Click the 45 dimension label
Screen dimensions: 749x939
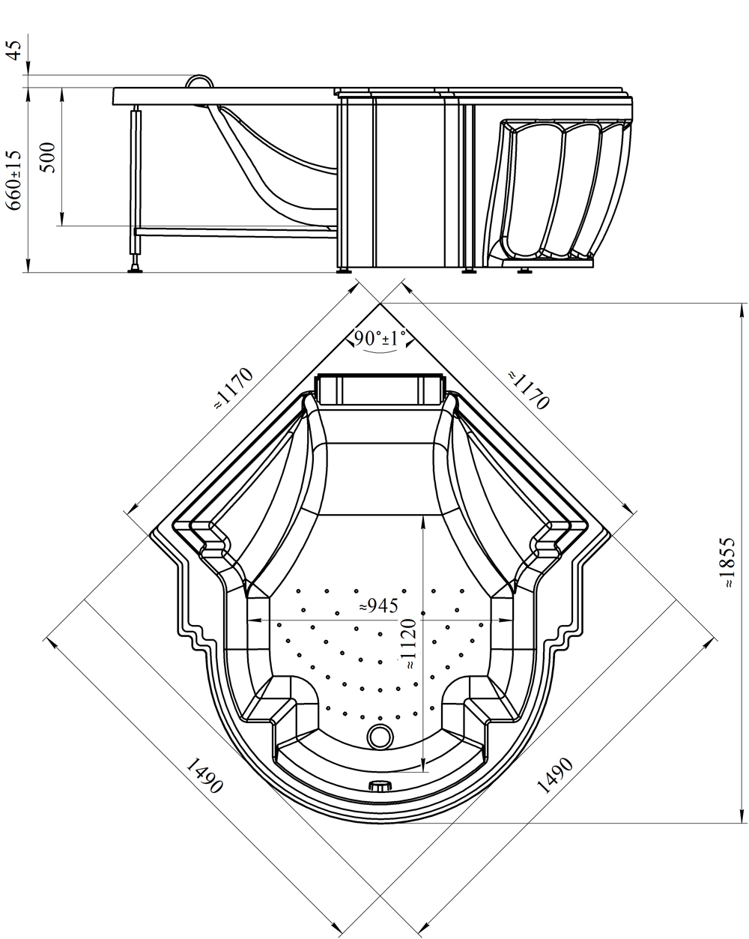[x=14, y=50]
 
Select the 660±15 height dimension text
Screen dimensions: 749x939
[x=14, y=181]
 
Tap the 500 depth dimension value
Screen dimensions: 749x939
[x=49, y=157]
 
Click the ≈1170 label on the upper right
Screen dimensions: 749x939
[x=528, y=390]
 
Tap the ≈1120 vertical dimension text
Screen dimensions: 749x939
[x=410, y=644]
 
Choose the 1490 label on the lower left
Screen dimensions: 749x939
[x=204, y=776]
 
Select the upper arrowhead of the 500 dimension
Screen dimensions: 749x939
[x=62, y=94]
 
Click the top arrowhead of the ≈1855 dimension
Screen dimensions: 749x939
[x=742, y=309]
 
